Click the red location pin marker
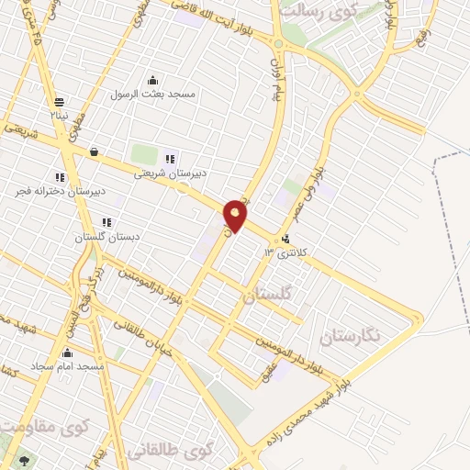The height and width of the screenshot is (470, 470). point(236,216)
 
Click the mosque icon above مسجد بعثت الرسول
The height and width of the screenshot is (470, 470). point(151,80)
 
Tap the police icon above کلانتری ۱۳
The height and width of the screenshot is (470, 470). point(272,238)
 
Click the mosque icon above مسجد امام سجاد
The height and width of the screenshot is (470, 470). point(66,352)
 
